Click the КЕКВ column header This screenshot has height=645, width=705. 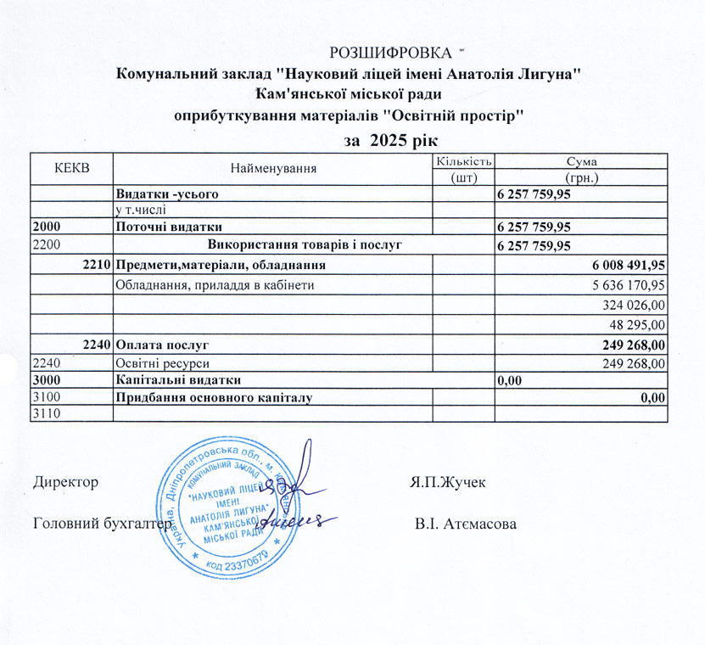71,168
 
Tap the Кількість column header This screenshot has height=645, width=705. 463,161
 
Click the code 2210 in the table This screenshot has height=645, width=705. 97,266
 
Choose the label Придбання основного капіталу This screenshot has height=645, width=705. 215,396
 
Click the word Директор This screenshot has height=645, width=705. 65,482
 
